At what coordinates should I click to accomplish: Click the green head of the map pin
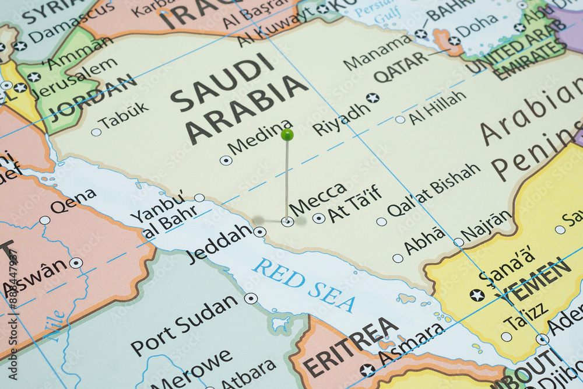coord(287,135)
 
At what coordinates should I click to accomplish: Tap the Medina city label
coord(261,136)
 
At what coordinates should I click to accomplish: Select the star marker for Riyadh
coord(373,98)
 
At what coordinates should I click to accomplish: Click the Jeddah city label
coord(219,243)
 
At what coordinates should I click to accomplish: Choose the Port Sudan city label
coord(185,325)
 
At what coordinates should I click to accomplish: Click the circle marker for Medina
coord(226,160)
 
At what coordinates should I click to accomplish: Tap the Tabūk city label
coord(124,115)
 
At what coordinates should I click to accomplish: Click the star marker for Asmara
coord(367,370)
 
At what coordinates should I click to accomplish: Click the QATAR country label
coord(401,66)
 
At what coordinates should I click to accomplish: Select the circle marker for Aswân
coord(76,263)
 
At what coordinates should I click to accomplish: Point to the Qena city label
coord(73,201)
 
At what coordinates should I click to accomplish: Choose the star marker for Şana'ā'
coord(477,295)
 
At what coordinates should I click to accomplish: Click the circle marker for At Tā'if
coord(319,218)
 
